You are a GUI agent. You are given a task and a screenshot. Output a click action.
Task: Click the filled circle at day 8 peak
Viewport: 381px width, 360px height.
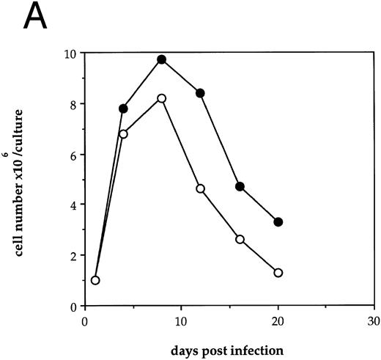click(x=162, y=59)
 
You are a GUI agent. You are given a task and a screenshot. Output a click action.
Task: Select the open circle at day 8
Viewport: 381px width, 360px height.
click(x=162, y=98)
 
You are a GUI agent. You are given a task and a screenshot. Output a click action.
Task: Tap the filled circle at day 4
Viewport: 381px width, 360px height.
click(x=123, y=109)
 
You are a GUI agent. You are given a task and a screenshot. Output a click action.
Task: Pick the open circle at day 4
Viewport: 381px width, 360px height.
click(x=123, y=134)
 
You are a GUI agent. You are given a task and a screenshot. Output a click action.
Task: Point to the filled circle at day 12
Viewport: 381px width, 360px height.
click(x=200, y=93)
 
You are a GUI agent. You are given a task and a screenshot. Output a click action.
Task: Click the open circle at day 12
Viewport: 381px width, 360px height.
click(x=200, y=189)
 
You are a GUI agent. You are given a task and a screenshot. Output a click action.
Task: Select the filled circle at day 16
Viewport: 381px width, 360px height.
click(x=239, y=186)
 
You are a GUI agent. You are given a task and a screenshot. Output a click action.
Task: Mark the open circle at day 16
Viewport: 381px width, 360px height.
click(x=239, y=240)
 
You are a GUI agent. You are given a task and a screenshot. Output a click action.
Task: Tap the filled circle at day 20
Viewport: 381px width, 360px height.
click(x=278, y=221)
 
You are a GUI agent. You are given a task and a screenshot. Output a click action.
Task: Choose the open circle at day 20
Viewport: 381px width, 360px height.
click(x=278, y=273)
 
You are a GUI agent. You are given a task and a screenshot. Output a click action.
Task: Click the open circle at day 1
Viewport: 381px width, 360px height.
click(x=95, y=280)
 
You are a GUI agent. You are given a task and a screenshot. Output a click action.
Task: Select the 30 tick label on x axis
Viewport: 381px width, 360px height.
click(x=373, y=320)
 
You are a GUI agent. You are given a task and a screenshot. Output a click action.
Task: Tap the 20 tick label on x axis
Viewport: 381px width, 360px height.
click(x=277, y=320)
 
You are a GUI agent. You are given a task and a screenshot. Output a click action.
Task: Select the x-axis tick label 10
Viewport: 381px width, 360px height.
click(x=181, y=320)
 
